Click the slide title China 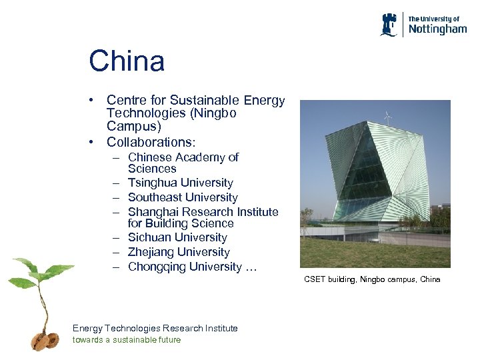coord(127,62)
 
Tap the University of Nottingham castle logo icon coord(389,25)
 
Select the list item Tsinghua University coord(180,183)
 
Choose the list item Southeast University coord(183,197)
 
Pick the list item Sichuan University coord(177,237)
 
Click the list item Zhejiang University coord(179,252)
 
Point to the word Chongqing coord(157,267)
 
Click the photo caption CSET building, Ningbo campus coord(372,279)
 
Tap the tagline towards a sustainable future coord(127,340)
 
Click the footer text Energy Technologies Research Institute coord(155,328)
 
